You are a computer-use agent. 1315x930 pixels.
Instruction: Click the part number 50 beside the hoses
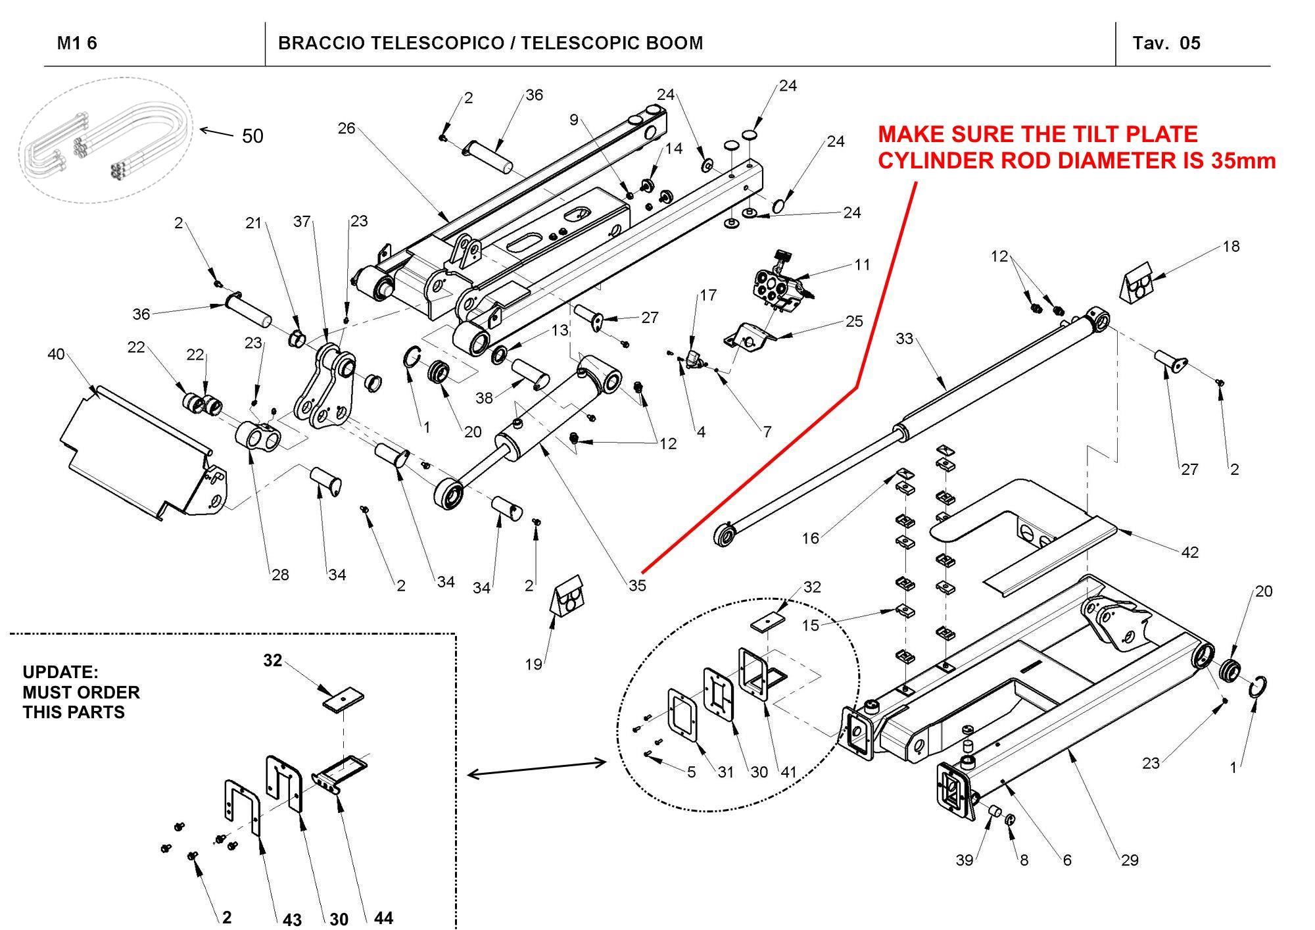click(x=252, y=136)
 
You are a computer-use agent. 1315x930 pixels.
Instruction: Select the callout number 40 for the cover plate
click(x=56, y=355)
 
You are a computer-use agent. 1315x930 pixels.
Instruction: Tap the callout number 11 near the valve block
click(x=862, y=264)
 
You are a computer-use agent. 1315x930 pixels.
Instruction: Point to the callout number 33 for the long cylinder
click(x=905, y=339)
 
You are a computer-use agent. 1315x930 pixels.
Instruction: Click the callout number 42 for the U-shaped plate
click(x=1189, y=552)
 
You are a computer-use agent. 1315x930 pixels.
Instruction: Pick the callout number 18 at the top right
click(x=1231, y=246)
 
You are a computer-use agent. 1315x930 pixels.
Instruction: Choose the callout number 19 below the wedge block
click(x=533, y=664)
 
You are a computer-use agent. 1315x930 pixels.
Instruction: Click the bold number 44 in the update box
click(x=383, y=918)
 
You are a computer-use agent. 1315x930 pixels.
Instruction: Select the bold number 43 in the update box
click(x=292, y=919)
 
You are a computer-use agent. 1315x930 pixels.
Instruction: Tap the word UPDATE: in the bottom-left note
click(x=60, y=672)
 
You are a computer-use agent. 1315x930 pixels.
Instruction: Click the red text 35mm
click(x=1243, y=160)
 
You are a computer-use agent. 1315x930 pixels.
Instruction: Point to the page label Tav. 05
click(x=1166, y=43)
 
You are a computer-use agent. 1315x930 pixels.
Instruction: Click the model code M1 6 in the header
click(x=77, y=43)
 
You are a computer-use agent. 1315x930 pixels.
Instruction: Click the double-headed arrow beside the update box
click(x=537, y=768)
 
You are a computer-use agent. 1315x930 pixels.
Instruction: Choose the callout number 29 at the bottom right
click(x=1130, y=860)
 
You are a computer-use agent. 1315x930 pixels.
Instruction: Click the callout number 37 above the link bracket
click(x=302, y=221)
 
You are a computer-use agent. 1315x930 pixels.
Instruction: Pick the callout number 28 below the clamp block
click(x=280, y=575)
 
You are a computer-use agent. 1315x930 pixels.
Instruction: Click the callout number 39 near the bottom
click(x=964, y=860)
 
